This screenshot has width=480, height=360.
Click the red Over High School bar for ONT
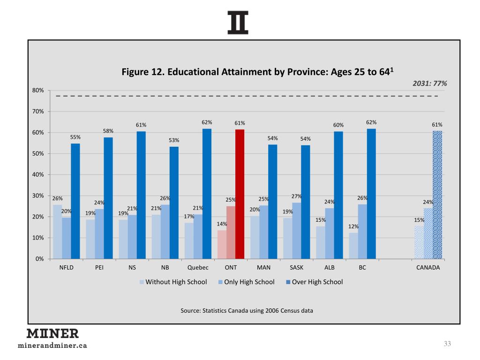pyautogui.click(x=240, y=194)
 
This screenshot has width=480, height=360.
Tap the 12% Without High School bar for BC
pyautogui.click(x=353, y=246)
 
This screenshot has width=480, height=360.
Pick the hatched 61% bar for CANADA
pyautogui.click(x=437, y=195)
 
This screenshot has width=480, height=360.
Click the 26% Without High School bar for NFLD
pyautogui.click(x=57, y=232)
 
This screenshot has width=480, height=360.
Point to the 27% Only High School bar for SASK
pyautogui.click(x=297, y=230)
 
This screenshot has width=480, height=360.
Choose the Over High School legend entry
pyautogui.click(x=314, y=282)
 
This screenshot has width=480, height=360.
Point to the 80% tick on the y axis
pyautogui.click(x=38, y=90)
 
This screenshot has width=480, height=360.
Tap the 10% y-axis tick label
pyautogui.click(x=38, y=238)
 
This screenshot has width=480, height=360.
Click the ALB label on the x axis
pyautogui.click(x=330, y=268)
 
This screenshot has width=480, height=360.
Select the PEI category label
pyautogui.click(x=99, y=268)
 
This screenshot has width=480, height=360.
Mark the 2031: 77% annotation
pyautogui.click(x=429, y=83)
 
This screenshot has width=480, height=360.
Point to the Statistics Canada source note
pyautogui.click(x=247, y=310)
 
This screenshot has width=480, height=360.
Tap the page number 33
pyautogui.click(x=447, y=344)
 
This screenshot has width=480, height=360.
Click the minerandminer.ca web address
pyautogui.click(x=52, y=346)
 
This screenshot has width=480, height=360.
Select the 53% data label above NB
pyautogui.click(x=174, y=140)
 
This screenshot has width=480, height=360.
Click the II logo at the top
pyautogui.click(x=238, y=22)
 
